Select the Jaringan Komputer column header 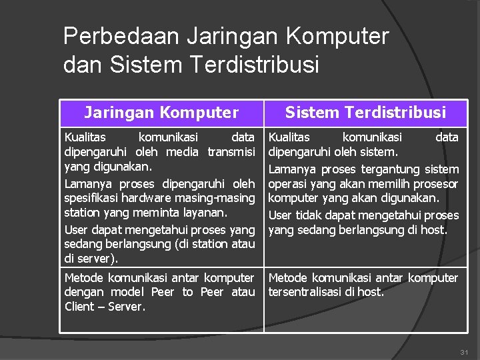coord(160,113)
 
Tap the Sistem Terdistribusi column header coord(365,113)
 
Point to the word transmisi coord(231,151)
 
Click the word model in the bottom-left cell coord(127,292)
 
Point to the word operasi coord(287,183)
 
